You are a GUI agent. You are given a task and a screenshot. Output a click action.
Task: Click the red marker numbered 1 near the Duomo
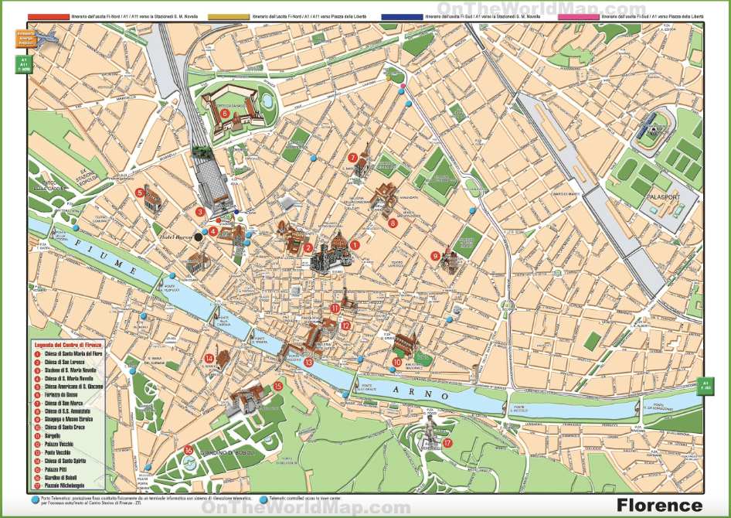click(355, 245)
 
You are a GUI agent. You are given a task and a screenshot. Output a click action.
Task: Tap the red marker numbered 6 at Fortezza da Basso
click(225, 114)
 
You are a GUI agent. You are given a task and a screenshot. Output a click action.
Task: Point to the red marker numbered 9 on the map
click(436, 256)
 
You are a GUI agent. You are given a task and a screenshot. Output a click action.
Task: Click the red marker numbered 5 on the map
click(140, 193)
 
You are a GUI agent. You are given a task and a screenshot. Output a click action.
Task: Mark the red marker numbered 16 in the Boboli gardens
click(189, 450)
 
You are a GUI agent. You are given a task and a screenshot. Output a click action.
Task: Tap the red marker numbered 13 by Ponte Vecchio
click(308, 362)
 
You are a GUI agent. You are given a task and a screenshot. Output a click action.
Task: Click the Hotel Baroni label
click(173, 237)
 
